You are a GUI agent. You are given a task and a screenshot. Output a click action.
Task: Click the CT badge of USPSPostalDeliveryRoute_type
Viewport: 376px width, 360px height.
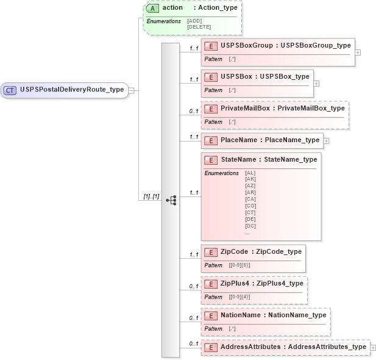click(10, 90)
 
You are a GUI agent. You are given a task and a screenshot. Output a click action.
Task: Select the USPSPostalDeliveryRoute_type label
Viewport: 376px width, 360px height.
click(72, 90)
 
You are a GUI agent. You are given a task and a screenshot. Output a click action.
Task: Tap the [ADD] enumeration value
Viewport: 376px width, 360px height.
click(194, 21)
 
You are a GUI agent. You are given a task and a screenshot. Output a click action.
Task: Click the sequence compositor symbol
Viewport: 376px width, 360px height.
click(171, 200)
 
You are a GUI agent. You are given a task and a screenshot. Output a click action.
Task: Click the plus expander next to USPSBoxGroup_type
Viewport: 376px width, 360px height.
click(358, 52)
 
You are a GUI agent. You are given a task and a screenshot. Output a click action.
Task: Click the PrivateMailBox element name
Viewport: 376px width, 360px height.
click(245, 108)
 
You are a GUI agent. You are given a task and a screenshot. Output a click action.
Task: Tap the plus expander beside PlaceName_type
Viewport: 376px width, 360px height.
click(326, 140)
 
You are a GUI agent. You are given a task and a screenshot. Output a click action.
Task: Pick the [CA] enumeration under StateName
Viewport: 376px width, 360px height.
click(250, 199)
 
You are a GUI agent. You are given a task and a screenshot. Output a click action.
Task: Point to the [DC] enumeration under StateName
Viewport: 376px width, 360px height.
click(250, 226)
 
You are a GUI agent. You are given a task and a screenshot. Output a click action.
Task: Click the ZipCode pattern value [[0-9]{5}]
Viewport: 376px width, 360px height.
click(239, 265)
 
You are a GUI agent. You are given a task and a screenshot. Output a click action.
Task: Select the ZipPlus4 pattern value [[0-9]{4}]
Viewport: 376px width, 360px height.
click(239, 297)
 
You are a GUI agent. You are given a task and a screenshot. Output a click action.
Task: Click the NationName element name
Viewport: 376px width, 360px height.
click(241, 315)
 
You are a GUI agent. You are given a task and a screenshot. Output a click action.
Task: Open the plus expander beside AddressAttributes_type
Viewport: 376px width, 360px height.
click(373, 347)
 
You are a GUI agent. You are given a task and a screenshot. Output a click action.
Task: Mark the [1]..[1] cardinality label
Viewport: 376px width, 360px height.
click(151, 196)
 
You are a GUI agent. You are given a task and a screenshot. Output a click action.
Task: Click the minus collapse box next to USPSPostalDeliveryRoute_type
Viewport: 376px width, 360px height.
click(131, 90)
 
